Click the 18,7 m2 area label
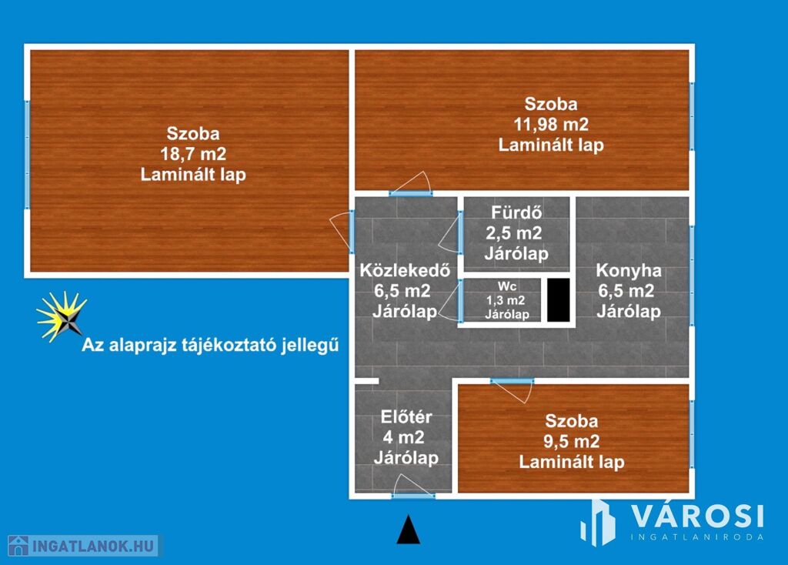point(193,154)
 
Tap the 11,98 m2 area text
point(551,124)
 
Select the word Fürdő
point(516,212)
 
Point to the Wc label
point(507,286)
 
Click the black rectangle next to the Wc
point(559,300)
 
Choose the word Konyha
point(629,270)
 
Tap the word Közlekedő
point(405,270)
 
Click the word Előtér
point(406,416)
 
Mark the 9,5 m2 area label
point(572,441)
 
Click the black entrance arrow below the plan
point(408,530)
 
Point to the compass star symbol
point(62,316)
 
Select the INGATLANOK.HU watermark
point(83,546)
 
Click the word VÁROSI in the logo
point(697,516)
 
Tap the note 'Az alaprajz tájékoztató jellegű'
point(210,346)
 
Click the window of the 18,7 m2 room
point(27,155)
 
